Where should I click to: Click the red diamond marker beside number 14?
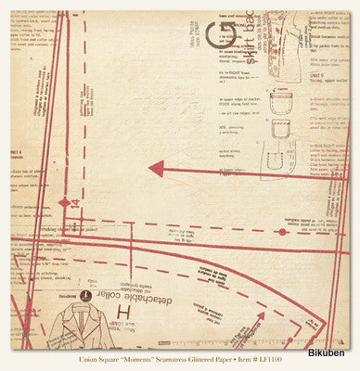tap(63, 202)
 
